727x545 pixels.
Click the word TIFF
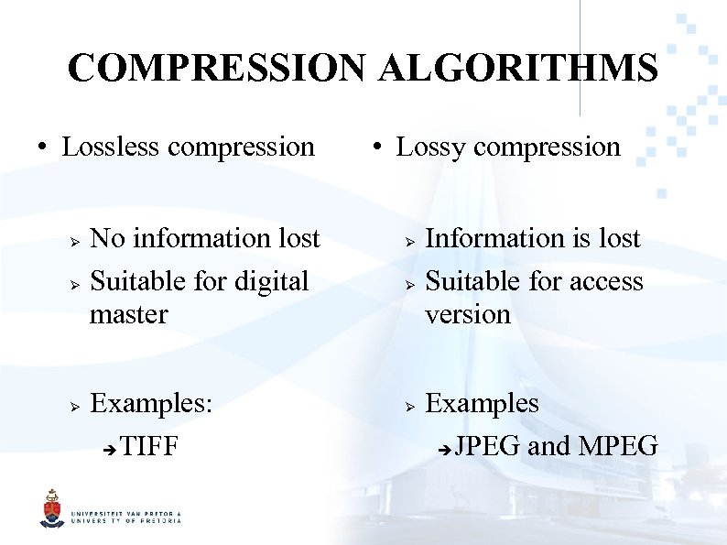click(x=148, y=448)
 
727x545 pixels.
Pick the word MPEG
click(x=618, y=447)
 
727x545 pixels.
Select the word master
click(x=129, y=314)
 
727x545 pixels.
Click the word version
click(x=467, y=314)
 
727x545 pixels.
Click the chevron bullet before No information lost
click(x=76, y=240)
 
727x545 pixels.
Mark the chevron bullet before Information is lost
click(x=410, y=240)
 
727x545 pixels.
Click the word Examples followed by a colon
click(x=151, y=404)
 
